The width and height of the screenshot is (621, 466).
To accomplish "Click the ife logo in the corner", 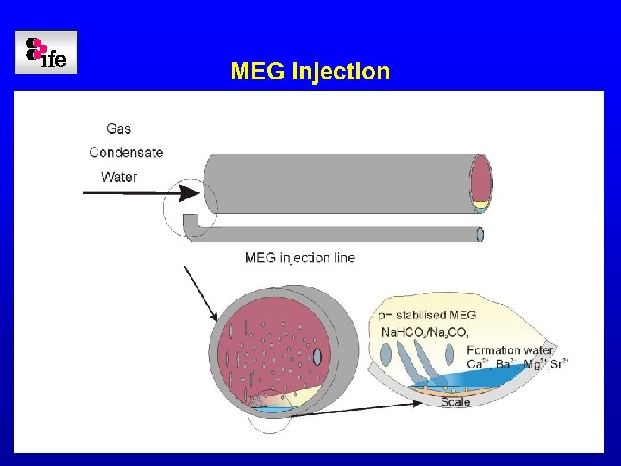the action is click(x=46, y=53).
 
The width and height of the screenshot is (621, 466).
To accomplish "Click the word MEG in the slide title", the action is click(x=258, y=71).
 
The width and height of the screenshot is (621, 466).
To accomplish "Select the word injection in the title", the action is click(x=341, y=71).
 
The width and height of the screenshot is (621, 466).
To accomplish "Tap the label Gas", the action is click(x=118, y=129).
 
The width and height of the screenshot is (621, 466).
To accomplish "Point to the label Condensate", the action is click(x=126, y=153).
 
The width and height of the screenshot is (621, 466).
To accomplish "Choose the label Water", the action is click(x=119, y=177).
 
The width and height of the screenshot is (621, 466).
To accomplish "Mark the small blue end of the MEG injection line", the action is click(x=480, y=234).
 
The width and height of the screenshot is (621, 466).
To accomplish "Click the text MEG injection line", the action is click(x=299, y=257).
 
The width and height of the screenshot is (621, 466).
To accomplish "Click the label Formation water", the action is click(x=510, y=349).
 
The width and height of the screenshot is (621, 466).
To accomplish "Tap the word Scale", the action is click(x=455, y=402).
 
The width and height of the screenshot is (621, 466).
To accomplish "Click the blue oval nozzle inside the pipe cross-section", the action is click(x=317, y=356).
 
